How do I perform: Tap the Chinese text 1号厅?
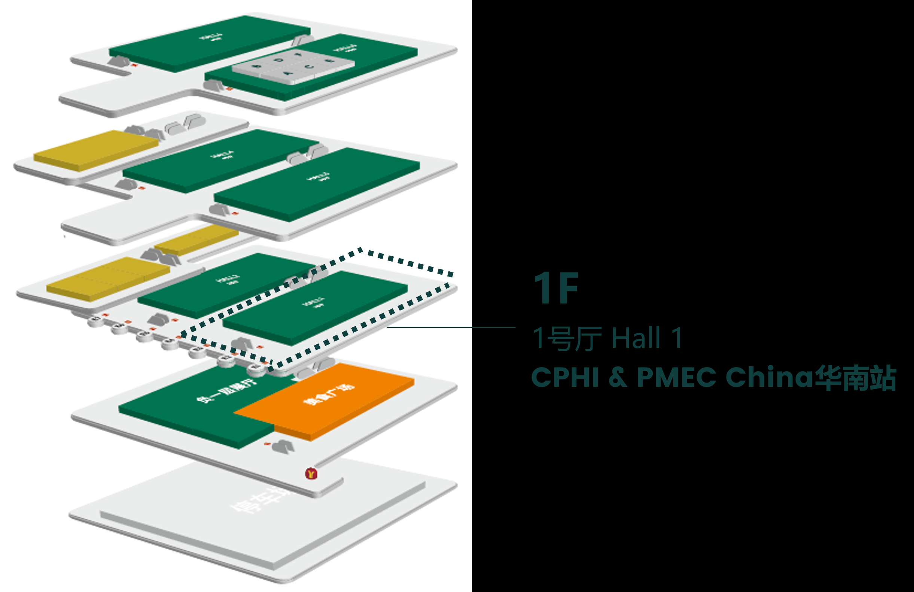567,338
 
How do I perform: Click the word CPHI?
565,377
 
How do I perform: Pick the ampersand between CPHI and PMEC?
618,377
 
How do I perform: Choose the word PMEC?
676,377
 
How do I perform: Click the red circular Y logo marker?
311,473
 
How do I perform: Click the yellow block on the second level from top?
96,150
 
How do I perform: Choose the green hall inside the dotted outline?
315,307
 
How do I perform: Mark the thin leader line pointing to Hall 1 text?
451,327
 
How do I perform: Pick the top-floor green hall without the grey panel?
209,43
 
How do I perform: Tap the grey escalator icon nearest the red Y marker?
284,446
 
